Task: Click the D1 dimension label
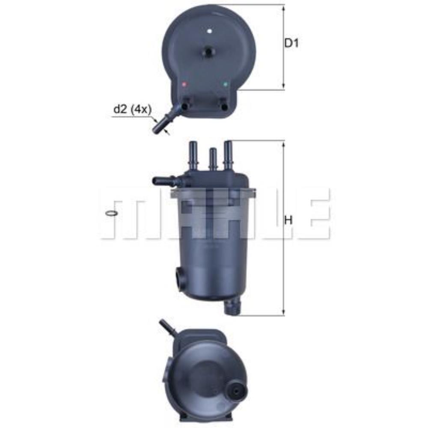(291, 43)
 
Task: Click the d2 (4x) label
(132, 110)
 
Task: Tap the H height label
(289, 220)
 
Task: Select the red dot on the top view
(184, 84)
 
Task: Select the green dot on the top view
(225, 84)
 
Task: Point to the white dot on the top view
(209, 31)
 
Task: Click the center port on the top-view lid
(208, 52)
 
